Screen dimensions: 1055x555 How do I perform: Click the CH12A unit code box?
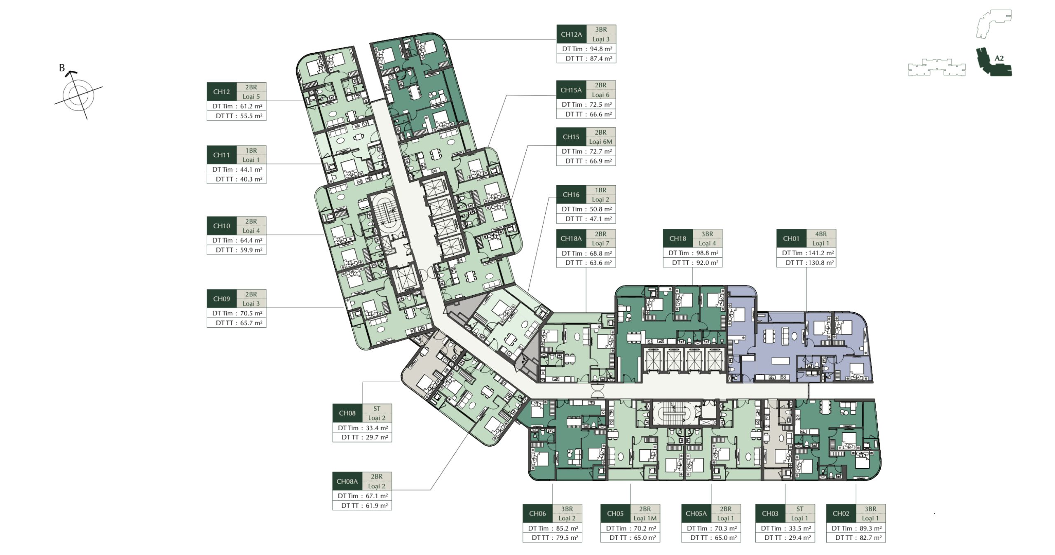571,34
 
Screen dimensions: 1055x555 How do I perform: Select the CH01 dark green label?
791,238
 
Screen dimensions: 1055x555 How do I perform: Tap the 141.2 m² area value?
820,253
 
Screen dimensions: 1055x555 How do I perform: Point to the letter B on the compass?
62,68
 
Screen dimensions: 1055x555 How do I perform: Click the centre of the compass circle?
78,96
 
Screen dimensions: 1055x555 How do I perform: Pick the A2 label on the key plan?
999,58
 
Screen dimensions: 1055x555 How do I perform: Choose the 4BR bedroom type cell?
821,234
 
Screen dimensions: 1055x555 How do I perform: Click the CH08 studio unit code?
347,413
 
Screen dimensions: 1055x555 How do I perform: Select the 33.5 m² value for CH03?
800,528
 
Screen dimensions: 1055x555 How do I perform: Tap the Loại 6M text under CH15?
600,142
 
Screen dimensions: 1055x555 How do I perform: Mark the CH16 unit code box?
571,195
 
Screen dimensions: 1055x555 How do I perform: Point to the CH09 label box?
222,299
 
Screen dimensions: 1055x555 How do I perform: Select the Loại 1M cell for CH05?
645,518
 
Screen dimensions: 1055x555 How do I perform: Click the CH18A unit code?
571,238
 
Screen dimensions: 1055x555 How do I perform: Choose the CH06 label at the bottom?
537,513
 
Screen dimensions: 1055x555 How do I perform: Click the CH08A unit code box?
347,481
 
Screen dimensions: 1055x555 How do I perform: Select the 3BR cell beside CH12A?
601,30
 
